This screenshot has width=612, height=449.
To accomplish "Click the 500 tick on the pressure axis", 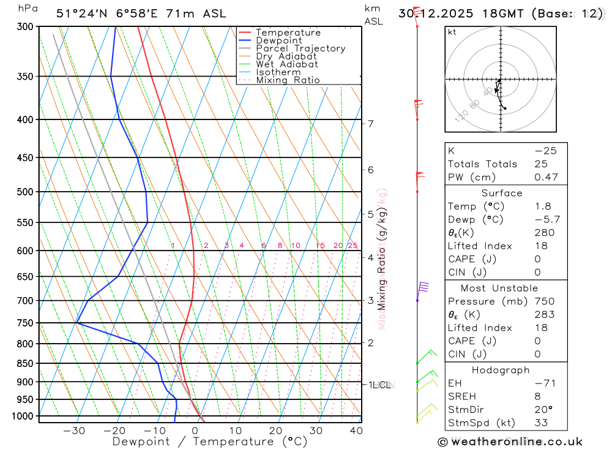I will click(x=26, y=192).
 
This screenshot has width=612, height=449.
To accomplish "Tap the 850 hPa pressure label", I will click(x=26, y=364).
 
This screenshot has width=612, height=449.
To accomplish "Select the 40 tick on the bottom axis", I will click(x=356, y=431).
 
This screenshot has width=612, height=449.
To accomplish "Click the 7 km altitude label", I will click(x=371, y=124).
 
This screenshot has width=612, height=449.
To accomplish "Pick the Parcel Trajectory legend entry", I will click(x=300, y=48).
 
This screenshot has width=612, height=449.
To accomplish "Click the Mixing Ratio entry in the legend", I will click(x=288, y=80).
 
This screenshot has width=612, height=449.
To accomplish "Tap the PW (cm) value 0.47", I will click(x=546, y=177).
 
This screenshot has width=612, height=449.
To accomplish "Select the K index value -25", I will click(x=545, y=151).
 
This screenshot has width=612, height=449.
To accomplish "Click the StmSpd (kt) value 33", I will click(x=541, y=423).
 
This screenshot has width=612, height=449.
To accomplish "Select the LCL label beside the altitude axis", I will click(x=381, y=385).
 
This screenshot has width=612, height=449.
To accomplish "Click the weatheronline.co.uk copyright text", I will click(x=510, y=442).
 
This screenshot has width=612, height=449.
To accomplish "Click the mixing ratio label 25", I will click(x=353, y=246).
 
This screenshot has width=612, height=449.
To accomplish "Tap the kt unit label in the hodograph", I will click(x=452, y=32).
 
